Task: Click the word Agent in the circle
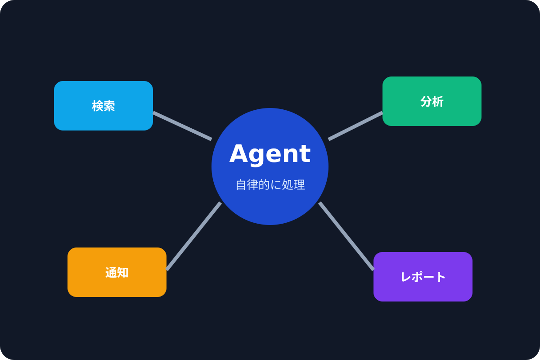coord(270,153)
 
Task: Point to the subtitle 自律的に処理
coord(270,184)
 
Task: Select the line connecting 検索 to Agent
coord(182,126)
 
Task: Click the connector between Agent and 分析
coord(355,126)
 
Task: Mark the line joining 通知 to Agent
coord(193,236)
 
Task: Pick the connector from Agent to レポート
coord(346,236)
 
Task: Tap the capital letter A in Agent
coord(239,153)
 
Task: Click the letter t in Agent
coord(305,153)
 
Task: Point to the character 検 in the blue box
coord(98,106)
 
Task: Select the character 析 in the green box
coord(438,101)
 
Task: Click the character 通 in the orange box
coord(111,272)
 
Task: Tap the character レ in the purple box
coord(406,277)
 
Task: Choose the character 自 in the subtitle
coord(241,184)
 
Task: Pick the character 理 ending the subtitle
coord(300,184)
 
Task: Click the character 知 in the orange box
coord(123,272)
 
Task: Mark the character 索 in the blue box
coord(109,106)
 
